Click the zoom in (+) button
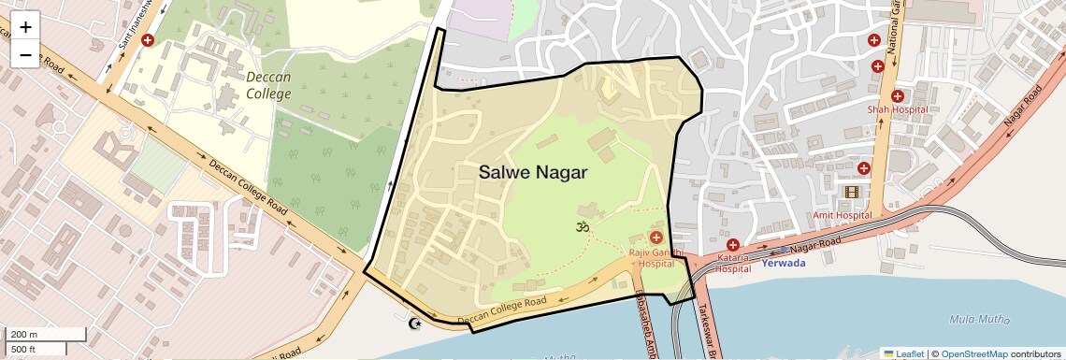click(x=25, y=27)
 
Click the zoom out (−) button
click(x=25, y=55)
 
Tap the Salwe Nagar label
click(x=533, y=172)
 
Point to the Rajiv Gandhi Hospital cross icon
click(x=656, y=238)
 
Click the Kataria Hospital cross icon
click(x=733, y=244)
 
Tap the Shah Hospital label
click(x=897, y=109)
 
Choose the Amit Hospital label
click(x=842, y=215)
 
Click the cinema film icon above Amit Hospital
click(x=851, y=193)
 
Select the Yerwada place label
click(x=784, y=263)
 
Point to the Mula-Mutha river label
click(x=979, y=319)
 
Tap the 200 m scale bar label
click(x=23, y=334)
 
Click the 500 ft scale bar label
click(x=23, y=350)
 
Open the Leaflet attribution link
click(x=903, y=353)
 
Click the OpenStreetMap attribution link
click(x=974, y=353)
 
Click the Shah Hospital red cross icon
click(x=898, y=95)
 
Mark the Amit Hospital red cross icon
click(x=864, y=168)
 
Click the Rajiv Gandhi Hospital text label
click(x=660, y=258)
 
